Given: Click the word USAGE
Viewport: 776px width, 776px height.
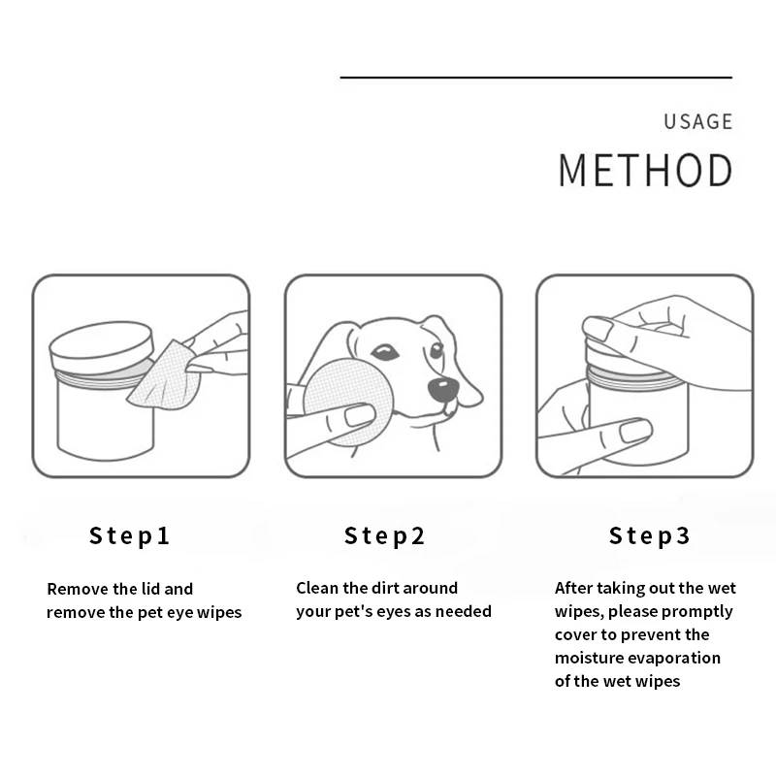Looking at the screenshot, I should (697, 122).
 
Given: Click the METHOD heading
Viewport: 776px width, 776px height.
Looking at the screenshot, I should (645, 171).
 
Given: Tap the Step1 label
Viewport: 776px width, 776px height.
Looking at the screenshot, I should (130, 535).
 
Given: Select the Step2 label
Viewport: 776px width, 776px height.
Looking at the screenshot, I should (385, 535).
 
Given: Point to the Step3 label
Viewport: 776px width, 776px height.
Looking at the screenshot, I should (650, 535).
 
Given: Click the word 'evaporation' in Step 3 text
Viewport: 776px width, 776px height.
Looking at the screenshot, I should (679, 658).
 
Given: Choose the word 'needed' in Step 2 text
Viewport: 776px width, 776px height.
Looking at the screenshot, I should (466, 611).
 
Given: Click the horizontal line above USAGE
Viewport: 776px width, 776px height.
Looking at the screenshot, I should (535, 77).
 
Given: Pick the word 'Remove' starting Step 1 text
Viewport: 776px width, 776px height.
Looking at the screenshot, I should (78, 589).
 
